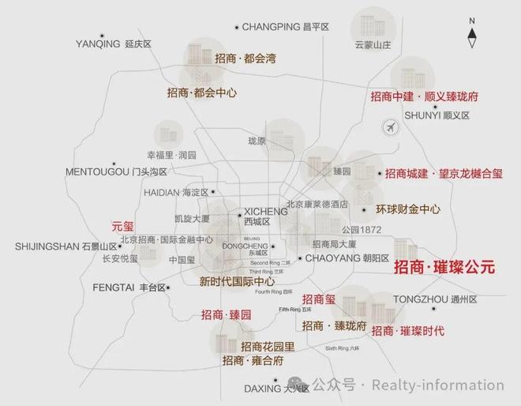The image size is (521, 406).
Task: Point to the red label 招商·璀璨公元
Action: tap(444, 268)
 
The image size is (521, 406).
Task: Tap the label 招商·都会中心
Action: tap(203, 92)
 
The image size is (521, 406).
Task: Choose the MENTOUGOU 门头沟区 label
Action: tap(116, 171)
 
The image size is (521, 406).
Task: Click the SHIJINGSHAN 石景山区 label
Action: tap(66, 246)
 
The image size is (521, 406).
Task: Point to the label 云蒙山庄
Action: tap(373, 46)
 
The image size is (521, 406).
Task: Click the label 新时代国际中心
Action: tap(237, 281)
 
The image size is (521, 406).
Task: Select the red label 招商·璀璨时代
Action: tap(408, 330)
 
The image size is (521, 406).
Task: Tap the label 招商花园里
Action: tap(268, 346)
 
